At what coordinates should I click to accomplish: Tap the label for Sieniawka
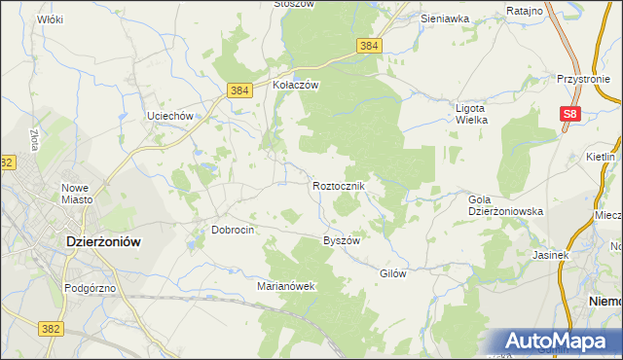point(445,18)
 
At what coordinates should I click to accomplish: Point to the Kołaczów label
point(296,85)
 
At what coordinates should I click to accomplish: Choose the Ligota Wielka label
point(471,113)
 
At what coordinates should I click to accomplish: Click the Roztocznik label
point(339,185)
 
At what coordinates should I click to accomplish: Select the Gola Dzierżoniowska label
point(505,204)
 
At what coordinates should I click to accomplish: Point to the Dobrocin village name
point(233,230)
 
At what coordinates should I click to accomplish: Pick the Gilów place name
point(392,273)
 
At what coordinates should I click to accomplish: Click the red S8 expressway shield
point(571,115)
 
